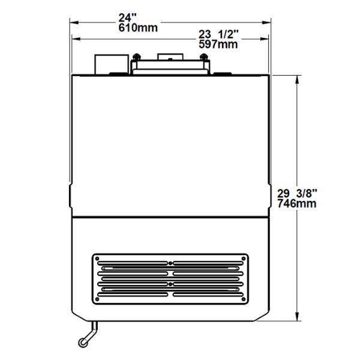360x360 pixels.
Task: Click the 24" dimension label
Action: [128, 17]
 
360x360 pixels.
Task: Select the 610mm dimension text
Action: [138, 28]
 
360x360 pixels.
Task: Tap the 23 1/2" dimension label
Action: [218, 34]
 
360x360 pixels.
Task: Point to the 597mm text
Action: [218, 44]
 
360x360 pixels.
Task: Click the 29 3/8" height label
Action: [297, 194]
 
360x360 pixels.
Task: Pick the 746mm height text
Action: [296, 203]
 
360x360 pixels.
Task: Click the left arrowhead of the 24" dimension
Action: [74, 23]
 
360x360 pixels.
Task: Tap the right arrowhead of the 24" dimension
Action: [266, 23]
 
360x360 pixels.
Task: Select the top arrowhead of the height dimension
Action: [297, 79]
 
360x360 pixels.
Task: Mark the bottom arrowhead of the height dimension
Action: [297, 317]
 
